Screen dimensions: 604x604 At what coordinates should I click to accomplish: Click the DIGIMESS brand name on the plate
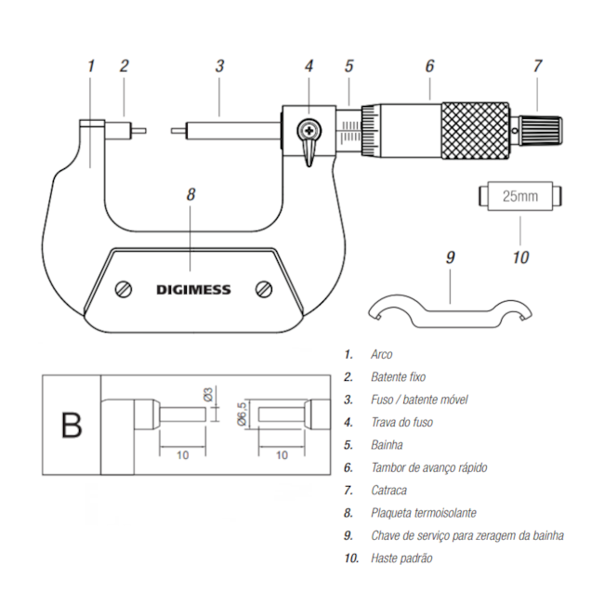pyautogui.click(x=192, y=290)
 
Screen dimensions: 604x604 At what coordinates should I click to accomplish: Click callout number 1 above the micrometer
pyautogui.click(x=90, y=66)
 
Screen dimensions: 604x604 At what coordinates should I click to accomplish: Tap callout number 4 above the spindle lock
pyautogui.click(x=309, y=66)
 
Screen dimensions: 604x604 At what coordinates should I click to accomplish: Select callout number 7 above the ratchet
pyautogui.click(x=537, y=66)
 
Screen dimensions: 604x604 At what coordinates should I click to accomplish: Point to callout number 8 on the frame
pyautogui.click(x=190, y=195)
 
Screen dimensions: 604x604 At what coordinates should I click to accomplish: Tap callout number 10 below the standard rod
pyautogui.click(x=520, y=256)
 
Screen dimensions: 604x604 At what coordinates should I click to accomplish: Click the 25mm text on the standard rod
pyautogui.click(x=520, y=197)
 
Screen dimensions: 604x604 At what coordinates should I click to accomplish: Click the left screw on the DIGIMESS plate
pyautogui.click(x=122, y=289)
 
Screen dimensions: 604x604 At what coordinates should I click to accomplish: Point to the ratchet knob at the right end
pyautogui.click(x=540, y=125)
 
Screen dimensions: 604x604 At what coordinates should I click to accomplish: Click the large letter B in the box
pyautogui.click(x=71, y=425)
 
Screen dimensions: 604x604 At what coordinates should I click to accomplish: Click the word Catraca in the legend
pyautogui.click(x=388, y=490)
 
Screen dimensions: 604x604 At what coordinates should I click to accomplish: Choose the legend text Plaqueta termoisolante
pyautogui.click(x=424, y=513)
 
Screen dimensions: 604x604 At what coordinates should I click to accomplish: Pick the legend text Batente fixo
pyautogui.click(x=398, y=376)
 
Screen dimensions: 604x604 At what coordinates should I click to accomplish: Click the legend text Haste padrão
pyautogui.click(x=401, y=558)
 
